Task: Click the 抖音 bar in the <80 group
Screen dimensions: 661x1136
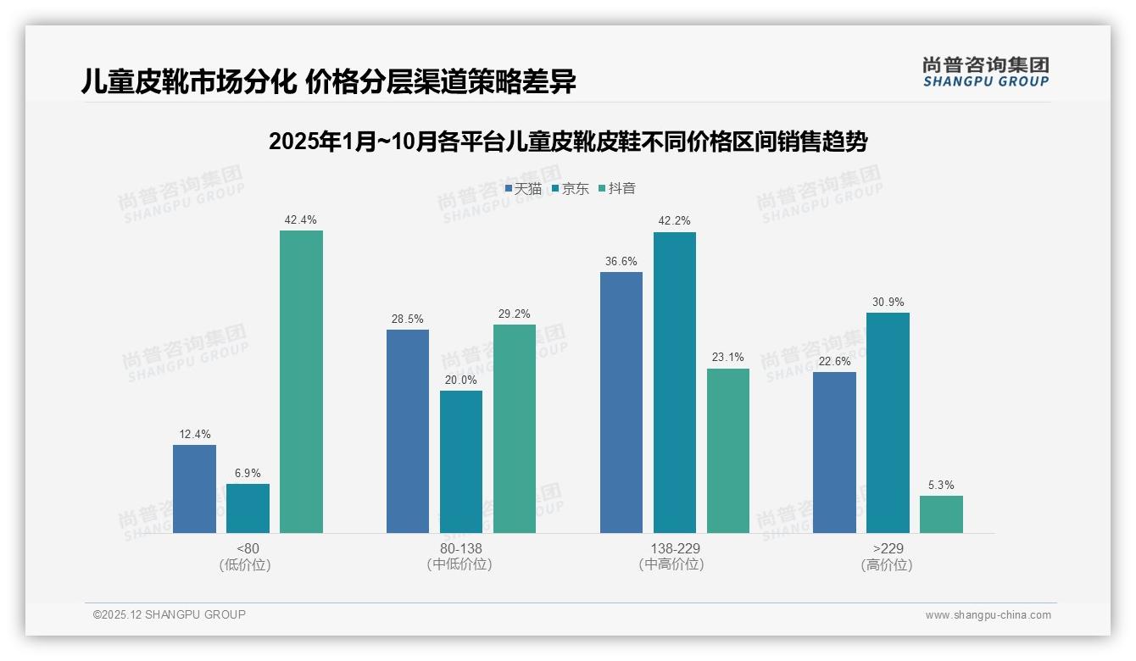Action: coord(301,381)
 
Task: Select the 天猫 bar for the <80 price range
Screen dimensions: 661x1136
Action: coord(194,489)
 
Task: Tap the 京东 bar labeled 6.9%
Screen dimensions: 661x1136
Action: coord(248,508)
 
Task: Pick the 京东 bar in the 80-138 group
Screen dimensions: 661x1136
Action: coord(461,462)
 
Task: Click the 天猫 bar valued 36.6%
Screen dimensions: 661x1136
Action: coord(621,403)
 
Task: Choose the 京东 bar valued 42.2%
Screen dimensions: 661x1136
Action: coord(675,382)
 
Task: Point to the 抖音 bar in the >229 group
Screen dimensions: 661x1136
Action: coord(941,514)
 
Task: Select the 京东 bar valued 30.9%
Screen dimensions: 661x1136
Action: coord(888,423)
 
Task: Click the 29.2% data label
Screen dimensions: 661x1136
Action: coord(515,314)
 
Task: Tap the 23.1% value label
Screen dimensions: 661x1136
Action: coord(727,358)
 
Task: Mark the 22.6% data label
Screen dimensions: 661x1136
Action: coord(834,361)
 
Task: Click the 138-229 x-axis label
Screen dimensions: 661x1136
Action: coord(675,548)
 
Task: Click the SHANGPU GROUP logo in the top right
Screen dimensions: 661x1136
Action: coord(985,72)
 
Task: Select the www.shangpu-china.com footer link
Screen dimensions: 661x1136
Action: coord(988,615)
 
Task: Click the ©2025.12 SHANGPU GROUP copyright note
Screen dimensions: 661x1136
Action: coord(170,614)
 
